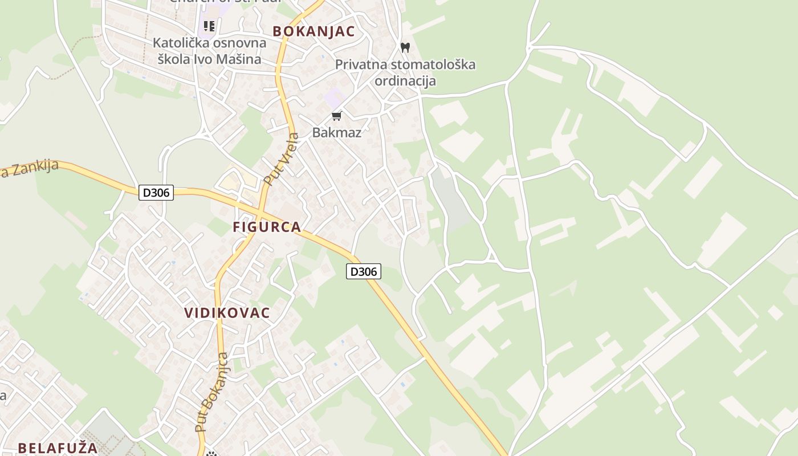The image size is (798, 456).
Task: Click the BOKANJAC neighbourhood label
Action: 313,31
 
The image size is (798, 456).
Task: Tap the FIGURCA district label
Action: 267,227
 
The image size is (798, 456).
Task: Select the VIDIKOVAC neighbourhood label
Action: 227,313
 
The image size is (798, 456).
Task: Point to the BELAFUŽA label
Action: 58,447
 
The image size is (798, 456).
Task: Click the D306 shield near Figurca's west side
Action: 156,193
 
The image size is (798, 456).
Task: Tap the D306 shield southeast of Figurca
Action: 363,271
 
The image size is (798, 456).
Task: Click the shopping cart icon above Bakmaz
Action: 337,116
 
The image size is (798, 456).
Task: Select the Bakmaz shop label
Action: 336,133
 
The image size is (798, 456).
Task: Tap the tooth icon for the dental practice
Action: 405,47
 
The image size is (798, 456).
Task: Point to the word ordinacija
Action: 405,80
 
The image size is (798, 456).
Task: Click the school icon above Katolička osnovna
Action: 209,26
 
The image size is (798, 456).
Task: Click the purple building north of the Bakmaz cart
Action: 333,98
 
